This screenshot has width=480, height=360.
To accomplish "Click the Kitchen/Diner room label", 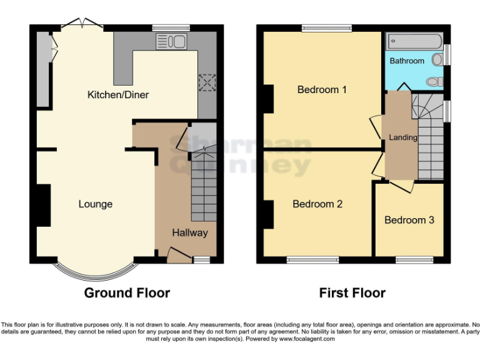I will click(x=117, y=95).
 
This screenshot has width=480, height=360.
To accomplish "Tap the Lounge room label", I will click(x=96, y=204).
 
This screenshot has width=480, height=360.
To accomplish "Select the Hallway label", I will click(x=190, y=232).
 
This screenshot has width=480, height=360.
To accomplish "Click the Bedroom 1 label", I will click(x=322, y=89).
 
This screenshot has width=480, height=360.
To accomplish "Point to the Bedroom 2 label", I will click(x=317, y=204).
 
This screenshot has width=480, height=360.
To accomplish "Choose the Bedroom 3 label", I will click(x=409, y=220).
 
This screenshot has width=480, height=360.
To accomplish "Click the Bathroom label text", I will click(x=407, y=61).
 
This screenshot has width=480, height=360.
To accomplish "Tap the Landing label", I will click(x=403, y=137).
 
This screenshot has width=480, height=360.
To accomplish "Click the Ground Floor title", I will click(x=127, y=292).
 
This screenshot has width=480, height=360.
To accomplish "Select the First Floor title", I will click(x=352, y=292).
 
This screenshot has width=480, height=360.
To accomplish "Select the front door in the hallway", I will click(x=179, y=253).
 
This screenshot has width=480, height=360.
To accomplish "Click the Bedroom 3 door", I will click(x=401, y=185).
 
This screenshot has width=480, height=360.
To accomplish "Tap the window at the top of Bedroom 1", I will click(x=326, y=27).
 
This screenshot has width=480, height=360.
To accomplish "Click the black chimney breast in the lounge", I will click(x=43, y=205).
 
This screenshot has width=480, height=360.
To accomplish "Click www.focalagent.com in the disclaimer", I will click(x=308, y=339).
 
